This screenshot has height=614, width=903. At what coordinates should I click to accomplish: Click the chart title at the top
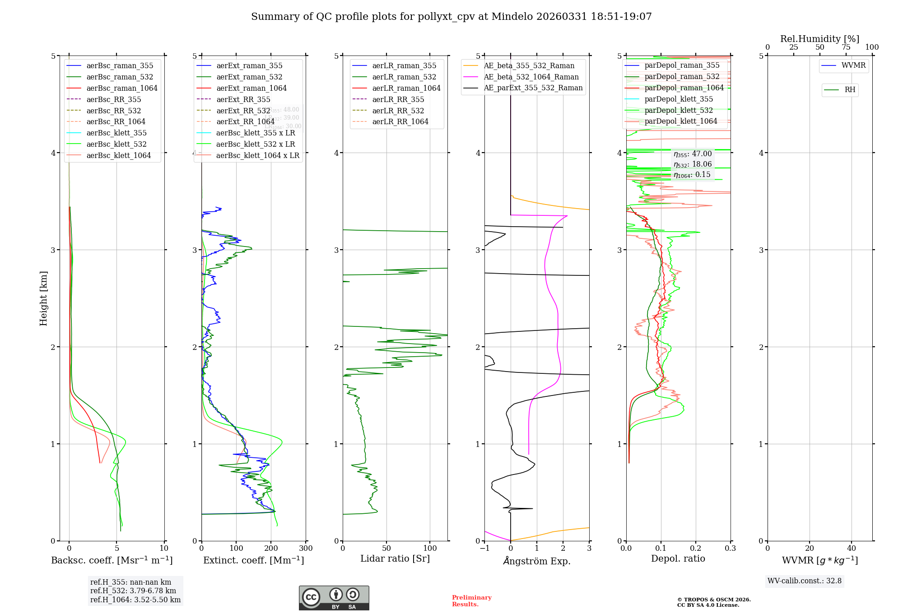(451, 17)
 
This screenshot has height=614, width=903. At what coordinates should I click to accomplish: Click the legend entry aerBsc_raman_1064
(122, 88)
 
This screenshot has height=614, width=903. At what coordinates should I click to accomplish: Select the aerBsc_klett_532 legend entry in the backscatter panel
(116, 144)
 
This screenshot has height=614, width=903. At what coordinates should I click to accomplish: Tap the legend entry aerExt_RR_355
(243, 99)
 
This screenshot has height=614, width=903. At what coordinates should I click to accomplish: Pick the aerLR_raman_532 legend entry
(404, 77)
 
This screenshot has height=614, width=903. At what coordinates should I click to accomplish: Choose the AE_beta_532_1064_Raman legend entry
(531, 77)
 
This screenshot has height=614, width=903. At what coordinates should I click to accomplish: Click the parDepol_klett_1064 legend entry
(680, 121)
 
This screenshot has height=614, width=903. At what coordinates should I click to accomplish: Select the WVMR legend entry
(853, 65)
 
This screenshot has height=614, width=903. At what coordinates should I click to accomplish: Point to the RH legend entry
(850, 90)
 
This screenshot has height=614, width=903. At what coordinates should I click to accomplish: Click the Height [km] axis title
(43, 298)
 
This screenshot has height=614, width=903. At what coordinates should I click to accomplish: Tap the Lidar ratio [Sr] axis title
(395, 558)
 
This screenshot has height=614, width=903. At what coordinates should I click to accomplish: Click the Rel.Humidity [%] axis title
(819, 39)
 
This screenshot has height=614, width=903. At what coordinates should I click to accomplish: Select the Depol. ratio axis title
(678, 558)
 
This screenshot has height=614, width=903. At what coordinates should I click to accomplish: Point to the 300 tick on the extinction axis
(306, 549)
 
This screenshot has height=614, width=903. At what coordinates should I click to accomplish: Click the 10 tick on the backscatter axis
(164, 549)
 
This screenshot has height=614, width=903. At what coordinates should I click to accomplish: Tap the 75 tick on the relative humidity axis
(846, 47)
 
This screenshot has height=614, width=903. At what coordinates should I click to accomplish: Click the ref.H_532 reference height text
(133, 591)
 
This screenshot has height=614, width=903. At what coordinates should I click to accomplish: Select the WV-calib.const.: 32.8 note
(804, 581)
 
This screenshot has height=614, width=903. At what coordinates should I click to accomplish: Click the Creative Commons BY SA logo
(334, 598)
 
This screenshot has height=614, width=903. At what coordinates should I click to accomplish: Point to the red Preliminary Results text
(471, 600)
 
